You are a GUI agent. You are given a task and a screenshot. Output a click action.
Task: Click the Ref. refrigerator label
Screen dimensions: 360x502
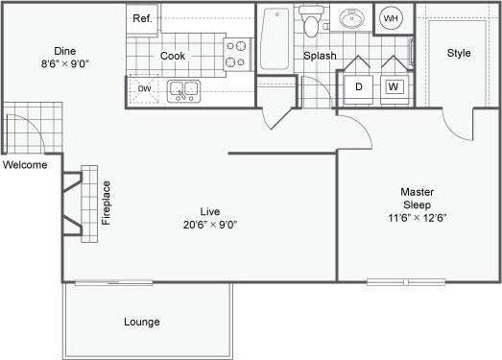(x=142, y=18)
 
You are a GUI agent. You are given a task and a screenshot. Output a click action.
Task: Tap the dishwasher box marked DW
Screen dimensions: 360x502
(x=145, y=89)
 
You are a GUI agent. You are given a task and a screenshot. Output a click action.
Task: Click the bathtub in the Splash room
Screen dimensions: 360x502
(x=275, y=38)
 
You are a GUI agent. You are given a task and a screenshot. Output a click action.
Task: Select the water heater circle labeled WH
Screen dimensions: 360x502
(x=391, y=19)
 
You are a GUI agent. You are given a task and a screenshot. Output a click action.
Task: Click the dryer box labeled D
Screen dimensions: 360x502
(x=359, y=86)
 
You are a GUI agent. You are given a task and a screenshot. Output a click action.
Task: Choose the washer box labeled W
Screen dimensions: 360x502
(x=394, y=86)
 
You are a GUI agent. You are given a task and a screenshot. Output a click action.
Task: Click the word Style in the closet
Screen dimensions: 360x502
(x=459, y=53)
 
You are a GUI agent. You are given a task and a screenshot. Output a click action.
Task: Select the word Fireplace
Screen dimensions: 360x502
(x=107, y=202)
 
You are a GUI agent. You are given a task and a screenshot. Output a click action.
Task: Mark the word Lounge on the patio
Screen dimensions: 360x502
(x=141, y=322)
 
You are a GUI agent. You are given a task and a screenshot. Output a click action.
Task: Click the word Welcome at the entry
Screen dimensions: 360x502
(x=26, y=164)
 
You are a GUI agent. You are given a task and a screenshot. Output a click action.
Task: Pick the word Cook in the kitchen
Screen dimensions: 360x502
(x=173, y=56)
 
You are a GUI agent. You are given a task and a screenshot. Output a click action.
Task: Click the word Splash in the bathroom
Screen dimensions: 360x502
(x=320, y=56)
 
